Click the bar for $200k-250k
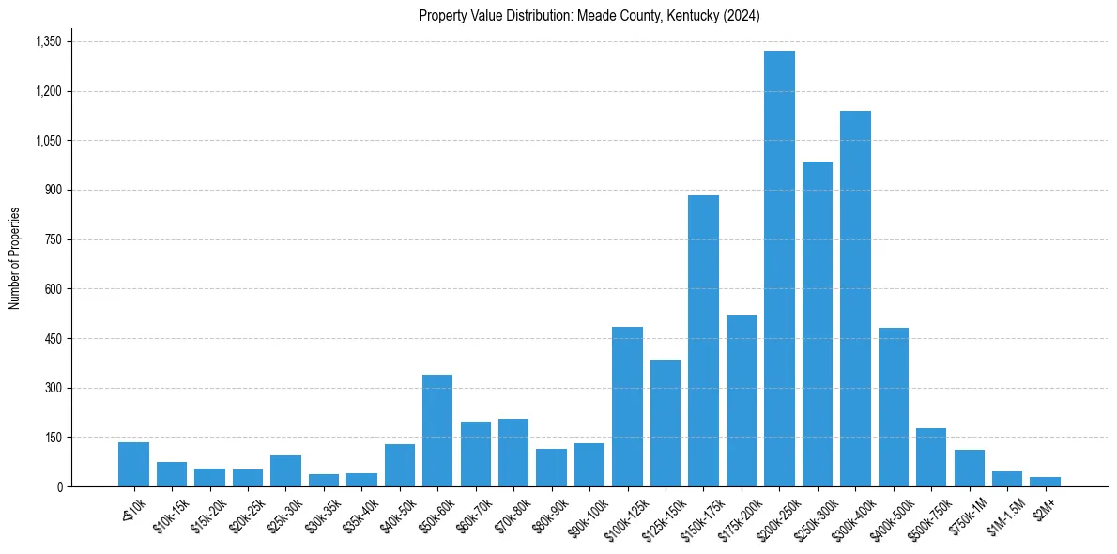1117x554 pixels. [x=779, y=269]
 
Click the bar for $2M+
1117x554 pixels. [x=1045, y=482]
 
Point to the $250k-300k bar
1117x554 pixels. [x=818, y=324]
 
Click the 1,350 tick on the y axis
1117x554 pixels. [x=48, y=42]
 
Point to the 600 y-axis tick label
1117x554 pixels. [x=53, y=289]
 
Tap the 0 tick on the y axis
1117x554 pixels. [x=58, y=486]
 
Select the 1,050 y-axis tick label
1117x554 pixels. [x=48, y=141]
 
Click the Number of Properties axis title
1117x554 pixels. [x=14, y=258]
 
